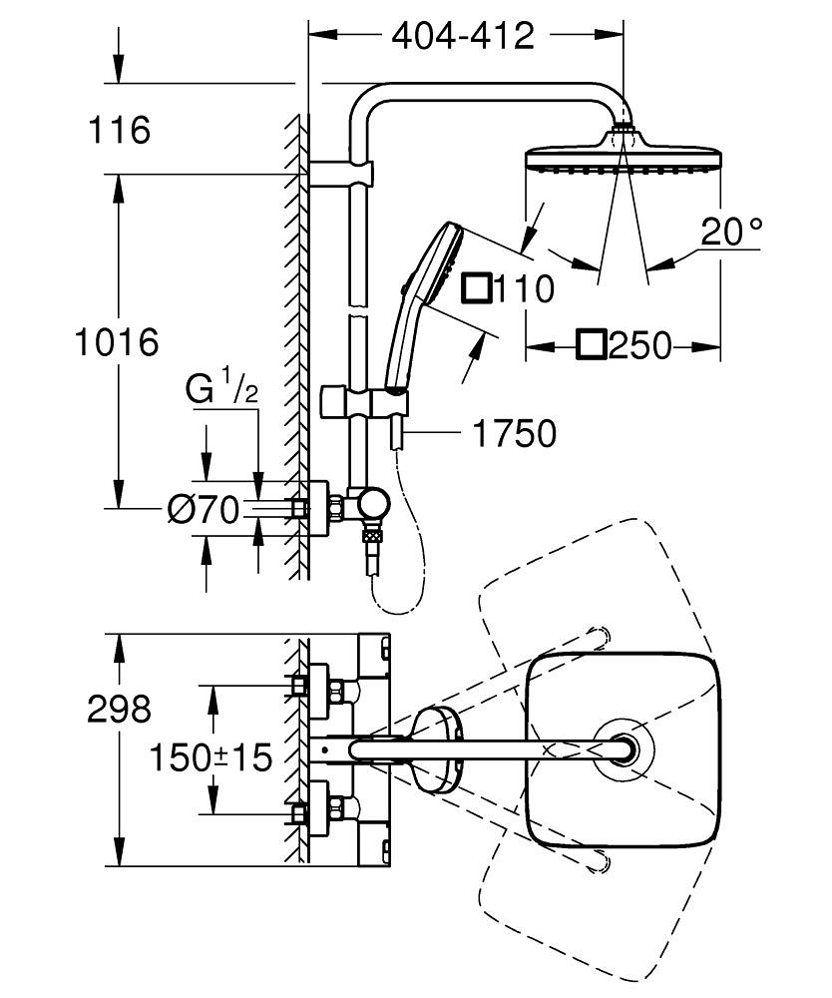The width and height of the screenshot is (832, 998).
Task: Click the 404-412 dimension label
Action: pos(463,37)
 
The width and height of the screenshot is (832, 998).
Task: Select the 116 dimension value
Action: pos(119,130)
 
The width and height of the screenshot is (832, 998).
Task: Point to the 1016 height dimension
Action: pos(118,342)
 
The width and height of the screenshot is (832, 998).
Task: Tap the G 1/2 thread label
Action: pos(221,390)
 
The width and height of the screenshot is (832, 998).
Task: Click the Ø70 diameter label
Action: pos(204,511)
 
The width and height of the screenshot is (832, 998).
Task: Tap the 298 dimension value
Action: pos(119,709)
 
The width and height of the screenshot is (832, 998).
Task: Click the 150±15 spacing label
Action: pos(210,757)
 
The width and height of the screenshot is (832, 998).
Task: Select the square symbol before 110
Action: pos(477,289)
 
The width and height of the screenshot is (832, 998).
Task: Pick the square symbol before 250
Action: pos(591,346)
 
